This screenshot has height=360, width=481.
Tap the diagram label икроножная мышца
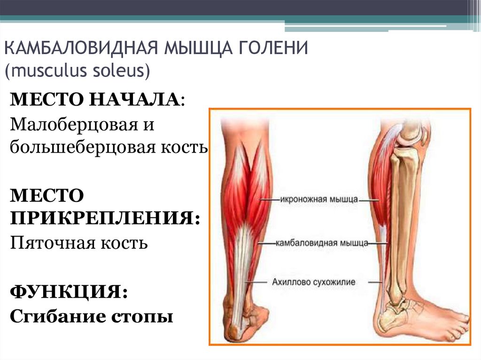pos(319,200)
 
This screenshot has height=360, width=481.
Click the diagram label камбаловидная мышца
pos(322,243)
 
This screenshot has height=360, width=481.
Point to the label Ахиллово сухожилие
pos(313,282)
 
